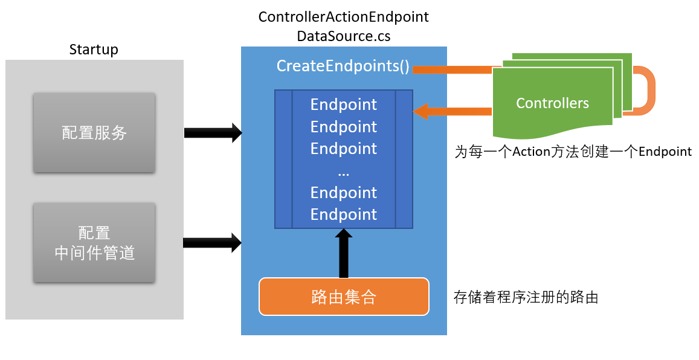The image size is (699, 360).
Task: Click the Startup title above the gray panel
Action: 94,50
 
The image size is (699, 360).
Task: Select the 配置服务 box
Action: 94,133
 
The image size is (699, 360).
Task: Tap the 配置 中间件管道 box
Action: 94,243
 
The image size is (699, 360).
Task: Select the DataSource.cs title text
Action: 343,36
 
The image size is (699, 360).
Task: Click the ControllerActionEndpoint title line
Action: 343,17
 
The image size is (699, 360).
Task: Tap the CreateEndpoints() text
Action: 343,66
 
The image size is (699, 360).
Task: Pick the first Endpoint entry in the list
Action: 343,104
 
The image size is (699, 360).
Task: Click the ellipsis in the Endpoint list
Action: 343,172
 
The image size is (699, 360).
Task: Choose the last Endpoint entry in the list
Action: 343,214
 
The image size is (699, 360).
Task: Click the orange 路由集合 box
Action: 344,297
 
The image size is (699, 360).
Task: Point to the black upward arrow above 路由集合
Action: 343,254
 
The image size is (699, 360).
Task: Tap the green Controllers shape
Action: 552,103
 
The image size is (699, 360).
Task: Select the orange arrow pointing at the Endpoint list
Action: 453,111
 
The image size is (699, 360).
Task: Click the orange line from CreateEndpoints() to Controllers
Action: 453,69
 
